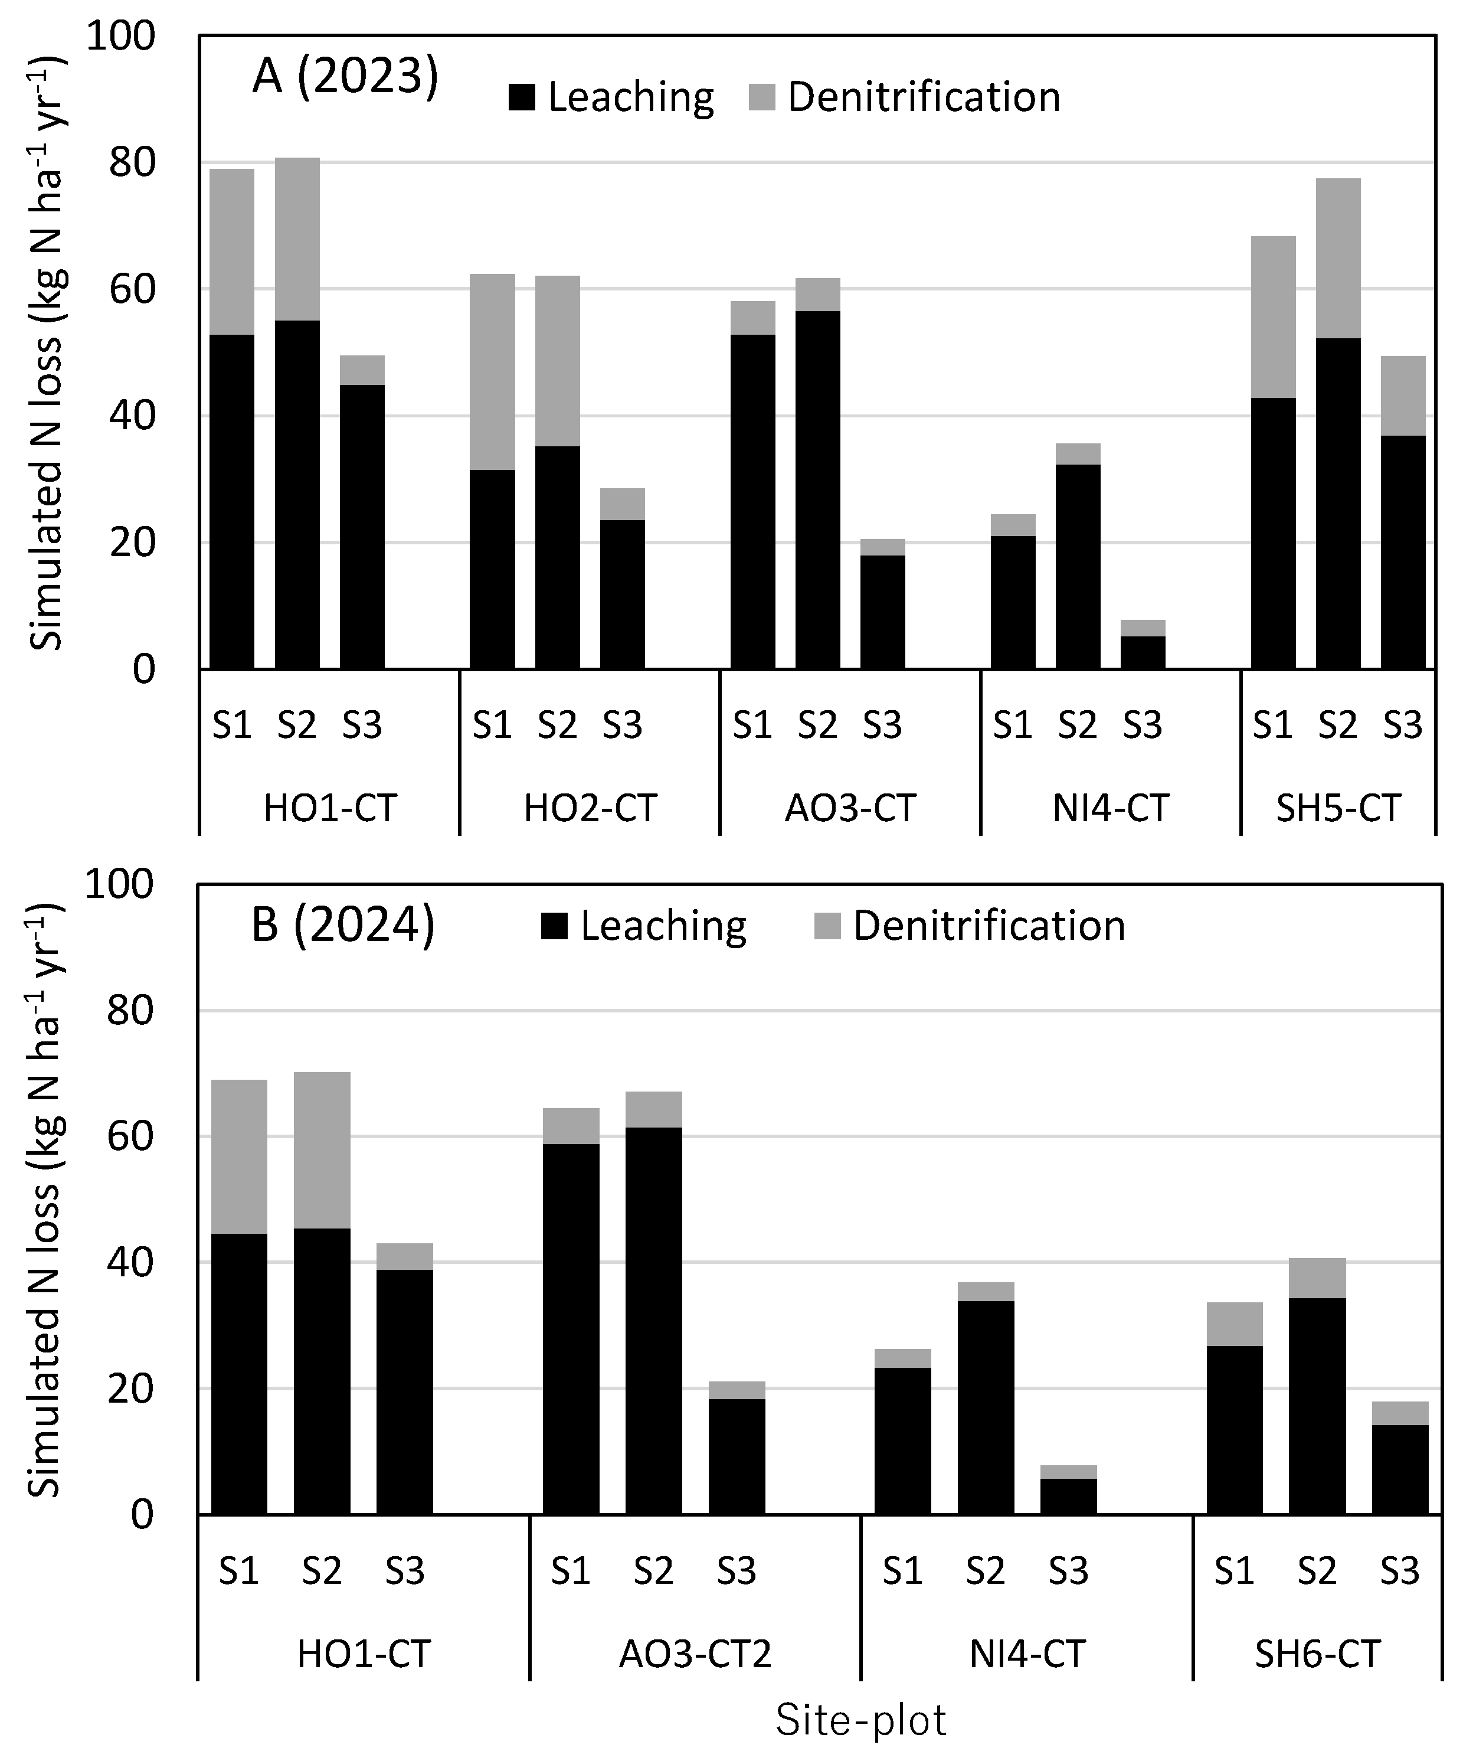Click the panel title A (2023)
(x=345, y=78)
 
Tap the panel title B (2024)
(x=343, y=926)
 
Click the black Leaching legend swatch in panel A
(x=522, y=98)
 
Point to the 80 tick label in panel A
(x=132, y=164)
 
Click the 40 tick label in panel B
(x=132, y=1263)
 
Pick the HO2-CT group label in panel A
(x=590, y=808)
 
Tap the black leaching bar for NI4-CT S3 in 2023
(x=1143, y=652)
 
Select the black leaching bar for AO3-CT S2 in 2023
(x=819, y=490)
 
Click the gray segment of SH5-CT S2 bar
(x=1338, y=259)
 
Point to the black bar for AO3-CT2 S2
(x=654, y=1321)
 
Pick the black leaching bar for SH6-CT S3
(x=1400, y=1470)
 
